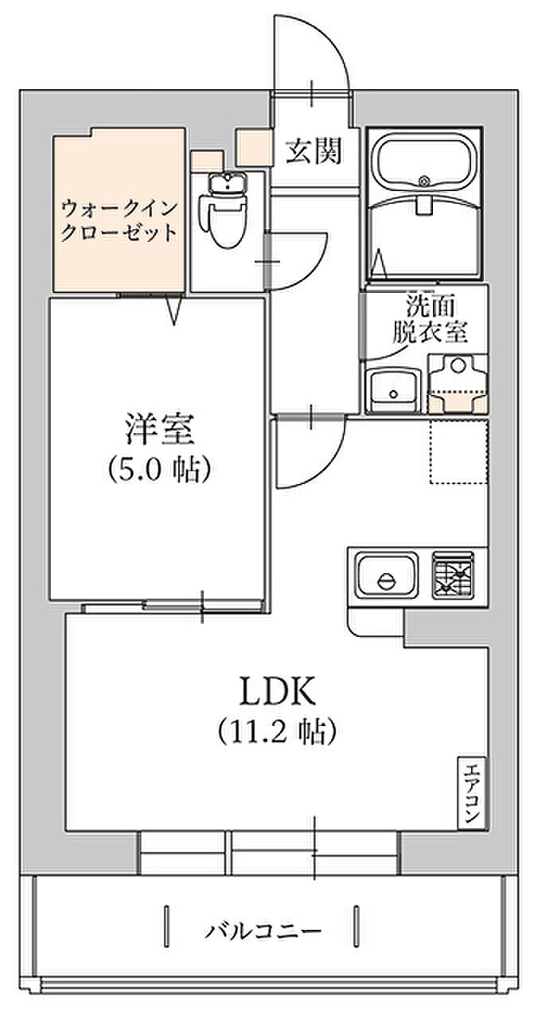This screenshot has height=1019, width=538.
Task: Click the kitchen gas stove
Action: point(452,575)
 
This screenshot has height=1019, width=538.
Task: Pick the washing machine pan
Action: point(456,384)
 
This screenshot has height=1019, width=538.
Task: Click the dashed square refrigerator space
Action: point(458,451)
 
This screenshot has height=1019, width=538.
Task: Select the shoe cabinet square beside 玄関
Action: point(253,146)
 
